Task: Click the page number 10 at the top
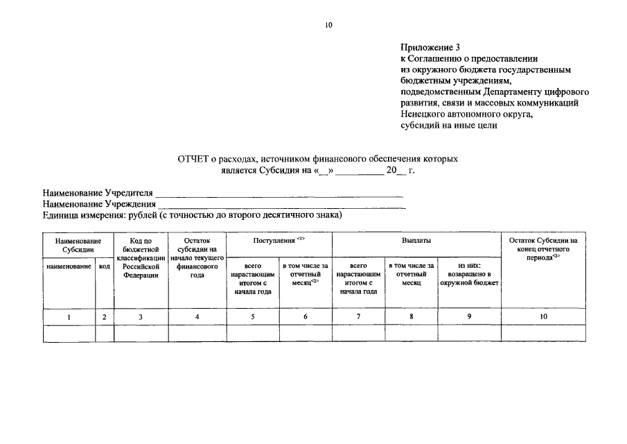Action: click(x=328, y=26)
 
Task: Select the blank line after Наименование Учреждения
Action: click(x=281, y=204)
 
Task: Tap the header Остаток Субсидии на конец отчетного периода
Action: click(x=543, y=248)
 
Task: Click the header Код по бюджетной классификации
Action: click(x=141, y=257)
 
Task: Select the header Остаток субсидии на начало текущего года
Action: click(x=197, y=257)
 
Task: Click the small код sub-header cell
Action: click(x=105, y=266)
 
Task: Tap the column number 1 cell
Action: click(x=69, y=316)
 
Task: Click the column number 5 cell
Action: click(x=252, y=316)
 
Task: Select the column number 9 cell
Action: click(x=469, y=316)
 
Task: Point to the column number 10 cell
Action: click(x=543, y=316)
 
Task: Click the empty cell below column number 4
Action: click(x=197, y=333)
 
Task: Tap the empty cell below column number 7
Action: click(x=359, y=333)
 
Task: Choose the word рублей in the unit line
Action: click(x=142, y=216)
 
